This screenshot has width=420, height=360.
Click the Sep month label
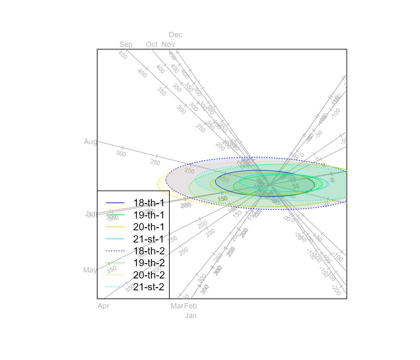pyautogui.click(x=126, y=44)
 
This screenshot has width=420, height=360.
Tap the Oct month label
pyautogui.click(x=152, y=44)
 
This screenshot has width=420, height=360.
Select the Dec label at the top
pyautogui.click(x=175, y=35)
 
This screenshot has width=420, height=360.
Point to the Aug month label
pyautogui.click(x=90, y=142)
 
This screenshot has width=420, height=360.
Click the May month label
pyautogui.click(x=90, y=270)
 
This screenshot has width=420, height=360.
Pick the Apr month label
pyautogui.click(x=103, y=306)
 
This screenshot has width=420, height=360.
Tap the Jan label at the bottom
pyautogui.click(x=191, y=316)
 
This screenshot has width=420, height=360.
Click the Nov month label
pyautogui.click(x=168, y=44)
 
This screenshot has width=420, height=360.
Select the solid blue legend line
pyautogui.click(x=115, y=203)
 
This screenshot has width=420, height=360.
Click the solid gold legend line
pyautogui.click(x=115, y=227)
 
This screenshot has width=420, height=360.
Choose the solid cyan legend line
pyautogui.click(x=115, y=239)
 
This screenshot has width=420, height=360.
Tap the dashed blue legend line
pyautogui.click(x=115, y=251)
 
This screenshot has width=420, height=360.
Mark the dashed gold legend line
pyautogui.click(x=115, y=275)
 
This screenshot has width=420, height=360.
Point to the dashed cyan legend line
pyautogui.click(x=115, y=287)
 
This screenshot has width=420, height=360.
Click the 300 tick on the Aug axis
pyautogui.click(x=121, y=153)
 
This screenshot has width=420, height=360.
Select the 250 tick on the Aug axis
pyautogui.click(x=155, y=162)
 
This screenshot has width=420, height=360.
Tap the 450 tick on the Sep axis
pyautogui.click(x=123, y=55)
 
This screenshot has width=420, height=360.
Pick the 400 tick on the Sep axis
pyautogui.click(x=142, y=73)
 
